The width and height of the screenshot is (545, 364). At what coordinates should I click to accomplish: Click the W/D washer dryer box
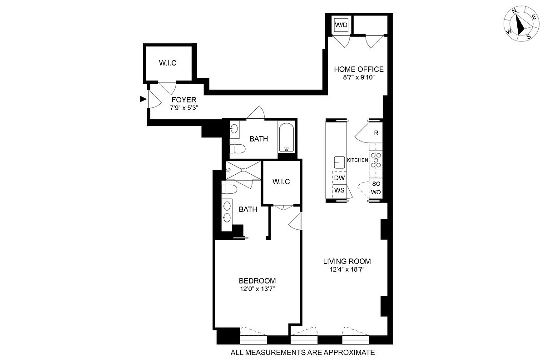(x=341, y=25)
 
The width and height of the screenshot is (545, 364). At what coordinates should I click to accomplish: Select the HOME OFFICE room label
(x=359, y=70)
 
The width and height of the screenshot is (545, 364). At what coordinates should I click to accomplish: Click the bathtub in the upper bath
(x=287, y=137)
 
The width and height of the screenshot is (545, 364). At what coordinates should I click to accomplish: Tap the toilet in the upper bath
(x=238, y=149)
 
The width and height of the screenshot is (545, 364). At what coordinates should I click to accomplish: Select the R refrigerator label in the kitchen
(x=376, y=133)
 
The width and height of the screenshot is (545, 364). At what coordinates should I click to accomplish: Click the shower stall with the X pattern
(x=244, y=170)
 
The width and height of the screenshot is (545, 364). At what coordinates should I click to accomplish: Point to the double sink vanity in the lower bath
(x=228, y=212)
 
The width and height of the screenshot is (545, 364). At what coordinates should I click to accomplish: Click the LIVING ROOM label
(x=347, y=261)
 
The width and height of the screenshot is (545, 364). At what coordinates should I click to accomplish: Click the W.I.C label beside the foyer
(x=168, y=62)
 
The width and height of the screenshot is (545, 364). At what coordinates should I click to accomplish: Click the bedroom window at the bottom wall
(x=253, y=339)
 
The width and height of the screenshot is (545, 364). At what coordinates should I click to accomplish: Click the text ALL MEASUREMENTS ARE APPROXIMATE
(x=302, y=352)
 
